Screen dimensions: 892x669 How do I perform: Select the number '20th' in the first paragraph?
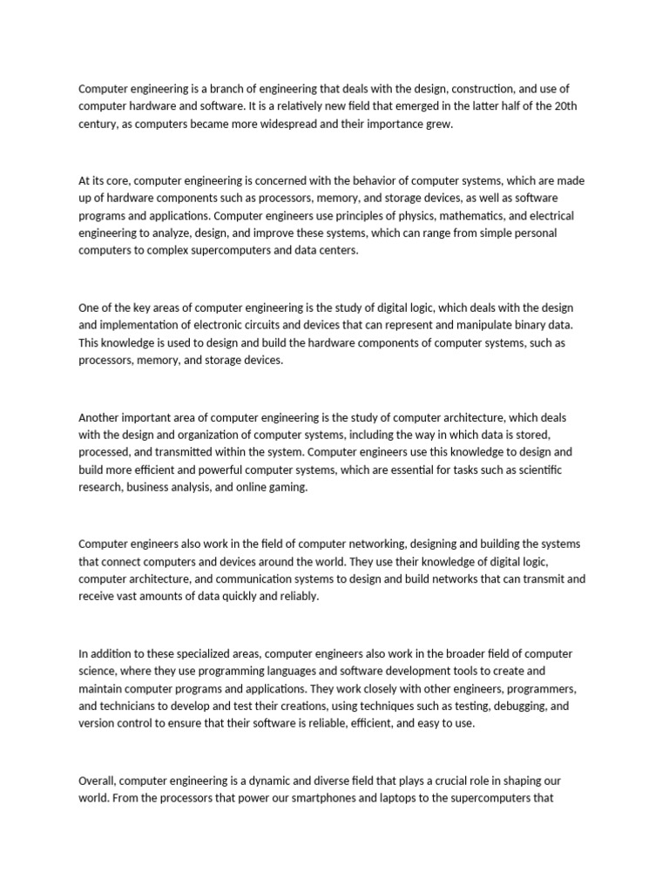coord(568,106)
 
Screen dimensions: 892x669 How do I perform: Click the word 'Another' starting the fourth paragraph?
coord(99,417)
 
